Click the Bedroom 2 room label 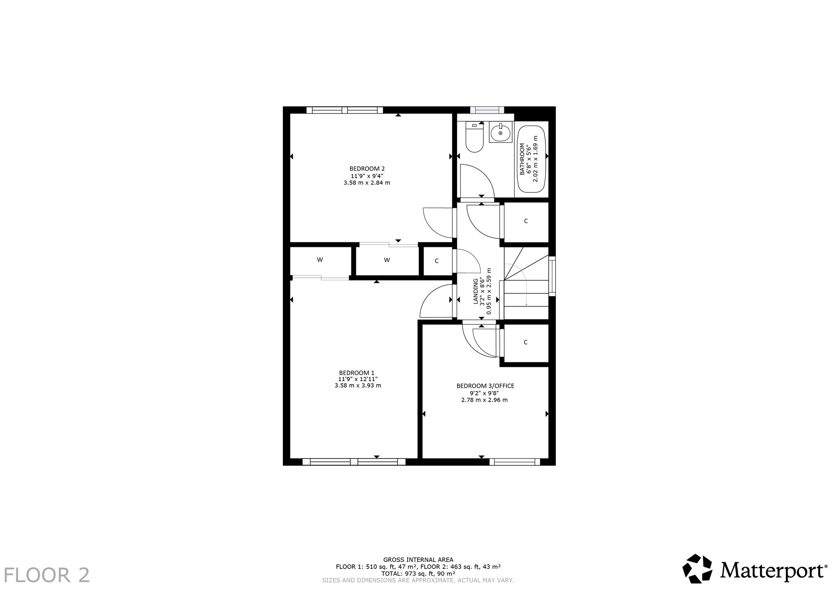[x=367, y=169]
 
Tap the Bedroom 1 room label [x=357, y=373]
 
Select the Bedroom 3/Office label [x=485, y=386]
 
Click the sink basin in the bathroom [x=501, y=133]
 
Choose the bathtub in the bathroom [x=531, y=159]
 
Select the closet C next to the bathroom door [x=526, y=221]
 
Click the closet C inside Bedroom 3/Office [x=526, y=342]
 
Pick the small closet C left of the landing [x=437, y=261]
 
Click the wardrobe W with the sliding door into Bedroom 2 [x=387, y=260]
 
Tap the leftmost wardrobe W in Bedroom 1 [x=320, y=260]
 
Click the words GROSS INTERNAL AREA [x=418, y=559]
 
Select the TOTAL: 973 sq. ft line [x=418, y=574]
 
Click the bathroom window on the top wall [x=487, y=110]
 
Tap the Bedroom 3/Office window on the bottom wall [x=515, y=462]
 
